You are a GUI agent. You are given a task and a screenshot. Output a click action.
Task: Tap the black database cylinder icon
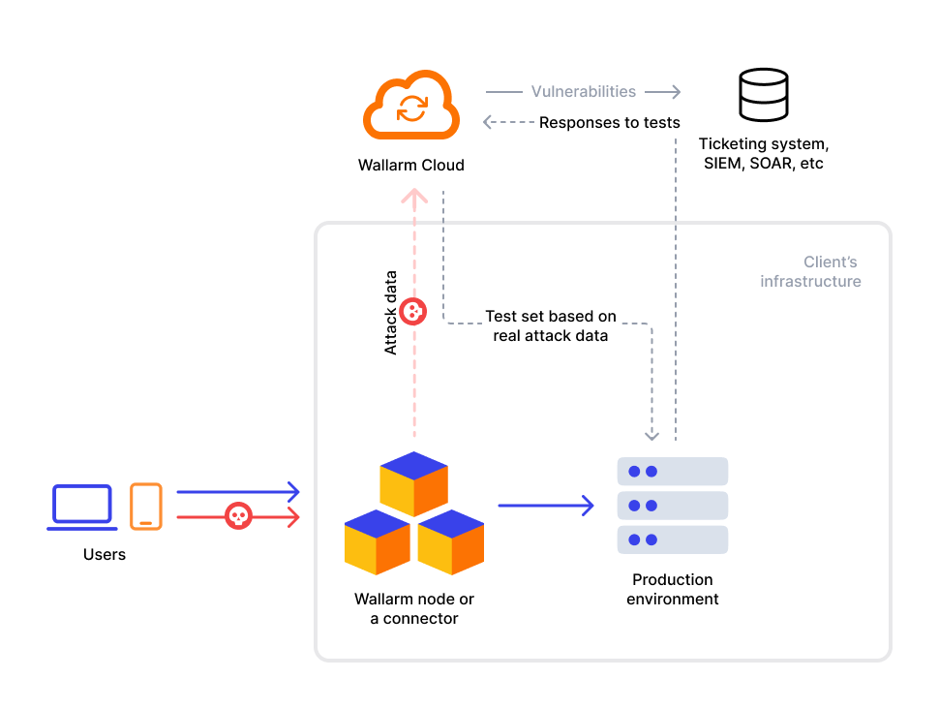763,94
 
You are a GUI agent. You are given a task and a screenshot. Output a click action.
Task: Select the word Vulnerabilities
584,92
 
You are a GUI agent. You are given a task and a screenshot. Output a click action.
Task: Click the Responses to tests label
609,123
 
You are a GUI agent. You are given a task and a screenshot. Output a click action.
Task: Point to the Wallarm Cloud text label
410,166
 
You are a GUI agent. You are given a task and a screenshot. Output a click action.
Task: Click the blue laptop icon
82,508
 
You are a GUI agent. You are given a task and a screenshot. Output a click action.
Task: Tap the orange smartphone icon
146,507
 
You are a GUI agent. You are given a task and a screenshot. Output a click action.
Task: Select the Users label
105,555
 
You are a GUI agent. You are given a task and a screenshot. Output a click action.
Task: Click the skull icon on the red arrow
238,516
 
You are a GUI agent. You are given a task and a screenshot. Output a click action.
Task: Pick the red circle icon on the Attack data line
414,311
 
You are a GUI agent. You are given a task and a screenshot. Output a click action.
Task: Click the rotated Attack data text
391,312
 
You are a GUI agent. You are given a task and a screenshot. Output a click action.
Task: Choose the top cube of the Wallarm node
414,482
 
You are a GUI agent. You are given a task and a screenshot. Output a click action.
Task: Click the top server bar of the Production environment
673,472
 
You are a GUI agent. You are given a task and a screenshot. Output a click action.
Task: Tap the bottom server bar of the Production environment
673,539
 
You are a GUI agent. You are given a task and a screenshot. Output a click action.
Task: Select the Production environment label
673,589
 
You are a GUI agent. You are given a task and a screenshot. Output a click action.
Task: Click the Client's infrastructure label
811,272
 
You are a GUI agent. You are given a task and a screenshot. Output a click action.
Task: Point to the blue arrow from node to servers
546,505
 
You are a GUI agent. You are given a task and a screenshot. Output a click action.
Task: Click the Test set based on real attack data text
551,326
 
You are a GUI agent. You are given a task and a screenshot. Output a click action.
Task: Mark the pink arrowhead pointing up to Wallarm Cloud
414,198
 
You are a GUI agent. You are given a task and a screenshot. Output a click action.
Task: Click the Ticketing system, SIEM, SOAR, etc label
764,154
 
